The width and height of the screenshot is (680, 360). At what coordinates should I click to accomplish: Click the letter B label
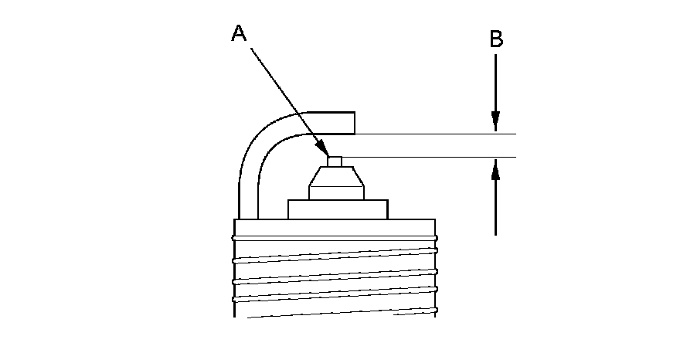(x=496, y=39)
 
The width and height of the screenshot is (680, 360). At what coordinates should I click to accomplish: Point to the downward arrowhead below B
(x=496, y=124)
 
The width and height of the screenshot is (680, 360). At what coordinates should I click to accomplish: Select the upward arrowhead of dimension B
(x=496, y=168)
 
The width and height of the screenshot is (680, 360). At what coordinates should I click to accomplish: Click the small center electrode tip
(x=335, y=161)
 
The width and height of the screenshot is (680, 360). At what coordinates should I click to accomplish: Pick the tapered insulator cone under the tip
(x=335, y=184)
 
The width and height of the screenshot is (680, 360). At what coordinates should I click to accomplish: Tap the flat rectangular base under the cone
(x=338, y=209)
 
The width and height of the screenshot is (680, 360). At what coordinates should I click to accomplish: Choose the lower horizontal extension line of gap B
(x=433, y=158)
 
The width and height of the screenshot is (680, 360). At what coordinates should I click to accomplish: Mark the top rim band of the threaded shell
(x=335, y=226)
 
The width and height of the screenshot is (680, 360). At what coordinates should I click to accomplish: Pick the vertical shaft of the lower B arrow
(x=496, y=205)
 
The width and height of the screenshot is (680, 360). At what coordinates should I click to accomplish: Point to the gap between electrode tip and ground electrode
(x=335, y=145)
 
